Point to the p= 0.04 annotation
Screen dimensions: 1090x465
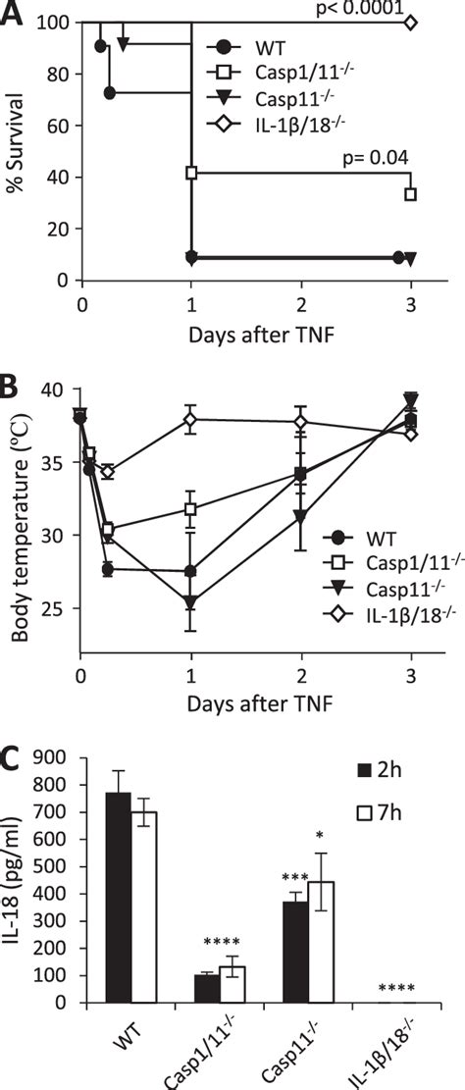pyautogui.click(x=376, y=157)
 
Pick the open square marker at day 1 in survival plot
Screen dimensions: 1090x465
pyautogui.click(x=192, y=173)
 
